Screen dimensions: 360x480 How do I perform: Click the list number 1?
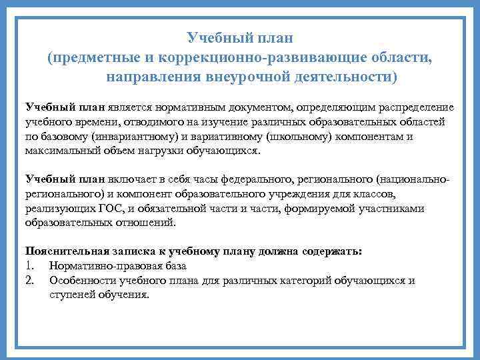(x=29, y=266)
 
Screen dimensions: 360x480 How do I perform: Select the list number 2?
(x=29, y=281)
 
